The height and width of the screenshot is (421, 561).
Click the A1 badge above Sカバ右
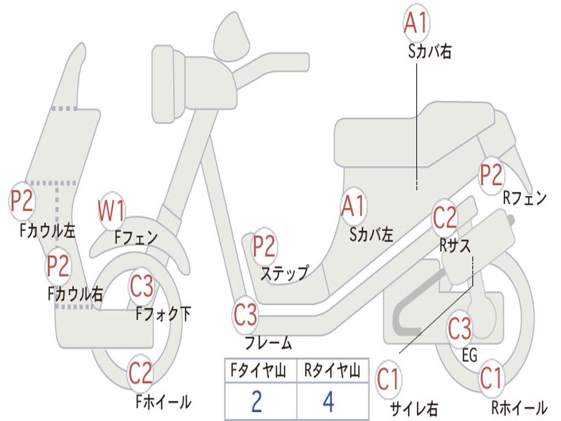click(x=416, y=22)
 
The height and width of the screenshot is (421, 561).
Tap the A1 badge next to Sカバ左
click(x=353, y=206)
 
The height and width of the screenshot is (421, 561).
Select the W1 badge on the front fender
click(x=111, y=210)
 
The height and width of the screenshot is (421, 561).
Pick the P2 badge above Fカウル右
click(x=58, y=266)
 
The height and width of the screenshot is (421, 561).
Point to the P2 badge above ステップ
click(x=264, y=246)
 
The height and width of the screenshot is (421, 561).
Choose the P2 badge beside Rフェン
click(x=491, y=175)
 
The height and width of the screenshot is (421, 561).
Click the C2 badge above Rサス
click(x=445, y=217)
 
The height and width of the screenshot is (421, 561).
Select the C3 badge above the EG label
click(x=460, y=329)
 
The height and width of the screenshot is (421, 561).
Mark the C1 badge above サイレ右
click(x=388, y=379)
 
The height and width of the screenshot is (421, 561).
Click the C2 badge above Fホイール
click(x=141, y=373)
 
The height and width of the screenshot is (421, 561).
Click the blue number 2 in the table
click(x=256, y=401)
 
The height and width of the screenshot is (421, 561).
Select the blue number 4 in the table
click(x=329, y=401)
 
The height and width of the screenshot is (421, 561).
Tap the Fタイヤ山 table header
click(x=259, y=371)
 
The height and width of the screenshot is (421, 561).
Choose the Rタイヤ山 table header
click(x=333, y=371)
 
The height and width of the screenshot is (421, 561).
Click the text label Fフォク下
click(x=163, y=314)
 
